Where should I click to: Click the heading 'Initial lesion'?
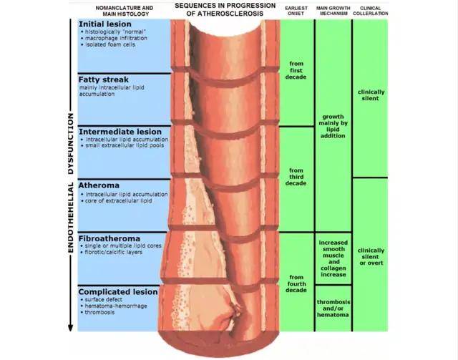coord(105,24)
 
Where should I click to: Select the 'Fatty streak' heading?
coord(103,79)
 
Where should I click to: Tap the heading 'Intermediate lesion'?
coord(120,132)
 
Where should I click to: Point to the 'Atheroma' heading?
coord(99,185)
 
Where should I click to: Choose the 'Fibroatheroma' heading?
coord(109,238)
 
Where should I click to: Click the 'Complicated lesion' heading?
coord(118,291)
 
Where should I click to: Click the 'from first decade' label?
coord(296,70)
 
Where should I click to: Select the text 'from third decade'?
coord(296,177)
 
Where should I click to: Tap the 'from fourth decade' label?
coord(296,283)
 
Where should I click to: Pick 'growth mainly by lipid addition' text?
coord(333,126)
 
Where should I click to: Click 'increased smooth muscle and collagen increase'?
coord(333,258)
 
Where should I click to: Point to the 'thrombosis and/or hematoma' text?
coord(333,308)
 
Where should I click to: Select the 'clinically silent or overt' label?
coord(371,256)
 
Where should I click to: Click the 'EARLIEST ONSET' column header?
coord(296,11)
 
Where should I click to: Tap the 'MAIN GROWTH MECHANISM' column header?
coord(333,11)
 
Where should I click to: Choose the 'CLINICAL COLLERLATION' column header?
coord(371,11)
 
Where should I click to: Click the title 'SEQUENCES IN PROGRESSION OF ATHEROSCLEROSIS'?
coord(225,9)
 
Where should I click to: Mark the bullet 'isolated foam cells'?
coord(108,44)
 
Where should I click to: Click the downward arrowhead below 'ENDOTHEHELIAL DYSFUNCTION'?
coord(70,327)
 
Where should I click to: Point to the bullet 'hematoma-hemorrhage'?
coord(114,306)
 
